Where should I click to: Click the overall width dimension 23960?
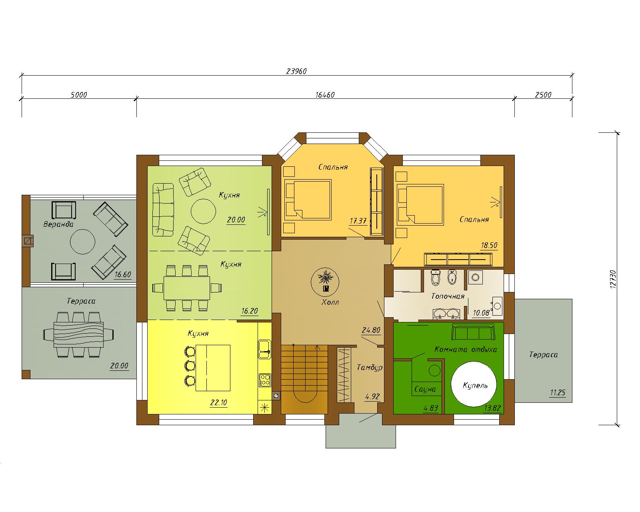pos(296,72)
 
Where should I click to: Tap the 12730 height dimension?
pos(613,279)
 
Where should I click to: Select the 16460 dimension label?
pos(325,95)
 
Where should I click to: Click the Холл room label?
pos(330,302)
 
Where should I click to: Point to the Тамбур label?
pos(370,368)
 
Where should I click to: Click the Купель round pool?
pos(474,384)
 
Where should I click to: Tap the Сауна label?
pos(425,389)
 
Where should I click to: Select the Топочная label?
pos(448,296)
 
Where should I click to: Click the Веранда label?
pos(58,224)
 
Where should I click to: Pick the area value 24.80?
pos(371,330)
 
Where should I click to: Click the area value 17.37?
pos(358,221)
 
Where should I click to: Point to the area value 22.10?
pos(218,403)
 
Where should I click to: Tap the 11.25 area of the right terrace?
pos(557,393)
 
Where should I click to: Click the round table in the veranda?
pos(82,242)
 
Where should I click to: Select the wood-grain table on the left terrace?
pos(78,334)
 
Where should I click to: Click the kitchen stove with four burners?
pos(265,380)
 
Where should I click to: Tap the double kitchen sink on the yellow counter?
pos(264,349)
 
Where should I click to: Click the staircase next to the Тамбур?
pos(304,379)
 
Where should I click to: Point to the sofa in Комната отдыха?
pos(474,332)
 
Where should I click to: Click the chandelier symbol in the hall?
pos(325,282)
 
